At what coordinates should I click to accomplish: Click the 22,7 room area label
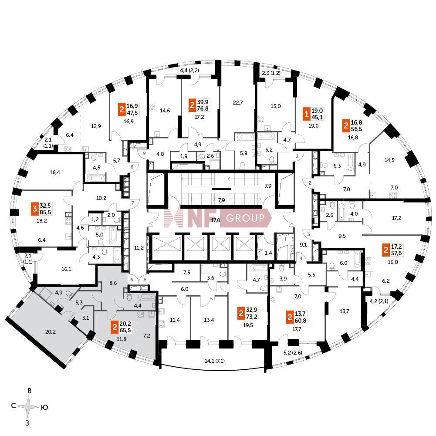tap(238, 103)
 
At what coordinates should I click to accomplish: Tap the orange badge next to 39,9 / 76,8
tap(192, 105)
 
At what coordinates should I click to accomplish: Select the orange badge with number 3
tap(34, 210)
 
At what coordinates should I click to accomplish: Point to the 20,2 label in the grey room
tap(51, 332)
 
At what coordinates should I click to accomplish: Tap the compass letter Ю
tap(44, 408)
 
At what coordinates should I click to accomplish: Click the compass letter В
tap(29, 391)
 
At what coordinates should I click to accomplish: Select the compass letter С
tap(14, 406)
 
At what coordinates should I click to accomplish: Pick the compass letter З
tap(27, 423)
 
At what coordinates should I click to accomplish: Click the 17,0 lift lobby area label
tap(215, 220)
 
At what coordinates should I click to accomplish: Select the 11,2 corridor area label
tap(139, 248)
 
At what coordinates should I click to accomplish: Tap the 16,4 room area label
tap(54, 172)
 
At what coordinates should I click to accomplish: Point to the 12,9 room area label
tap(96, 126)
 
